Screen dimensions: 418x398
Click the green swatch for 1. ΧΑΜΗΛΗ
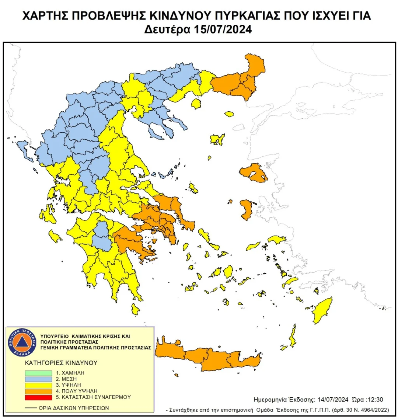pos(38,373)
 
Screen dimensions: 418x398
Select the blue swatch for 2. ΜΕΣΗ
pos(38,379)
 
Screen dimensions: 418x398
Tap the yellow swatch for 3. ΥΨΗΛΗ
pos(38,385)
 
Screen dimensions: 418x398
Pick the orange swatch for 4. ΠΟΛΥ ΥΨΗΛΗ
pos(38,391)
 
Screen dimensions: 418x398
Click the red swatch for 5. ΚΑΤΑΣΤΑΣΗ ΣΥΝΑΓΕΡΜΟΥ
pos(38,397)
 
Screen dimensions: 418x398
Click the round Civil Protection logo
pos(21,342)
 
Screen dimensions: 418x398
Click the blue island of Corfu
pos(24,149)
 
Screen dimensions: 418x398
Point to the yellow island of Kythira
pos(136,309)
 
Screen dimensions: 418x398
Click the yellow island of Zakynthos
pos(55,236)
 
